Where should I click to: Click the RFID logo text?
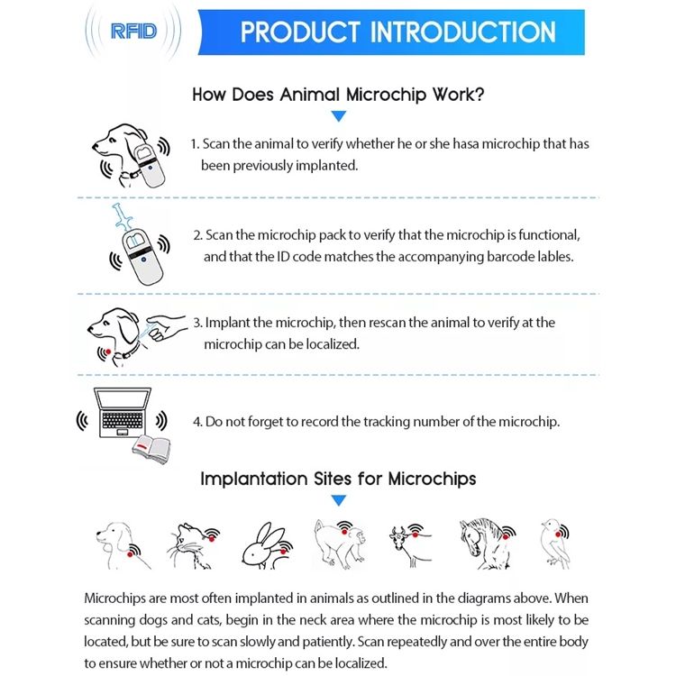click(133, 32)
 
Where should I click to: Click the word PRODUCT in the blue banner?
click(300, 32)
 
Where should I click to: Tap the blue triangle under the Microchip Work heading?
click(339, 116)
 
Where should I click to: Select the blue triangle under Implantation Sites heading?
click(339, 500)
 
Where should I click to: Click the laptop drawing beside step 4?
click(123, 413)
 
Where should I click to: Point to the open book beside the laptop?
click(151, 451)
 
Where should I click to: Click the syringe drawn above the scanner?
click(123, 218)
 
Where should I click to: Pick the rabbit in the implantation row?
click(267, 546)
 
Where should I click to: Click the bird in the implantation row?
click(555, 544)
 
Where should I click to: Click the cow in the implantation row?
click(409, 545)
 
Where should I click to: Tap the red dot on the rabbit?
click(283, 552)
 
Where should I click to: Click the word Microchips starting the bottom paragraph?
click(114, 598)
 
